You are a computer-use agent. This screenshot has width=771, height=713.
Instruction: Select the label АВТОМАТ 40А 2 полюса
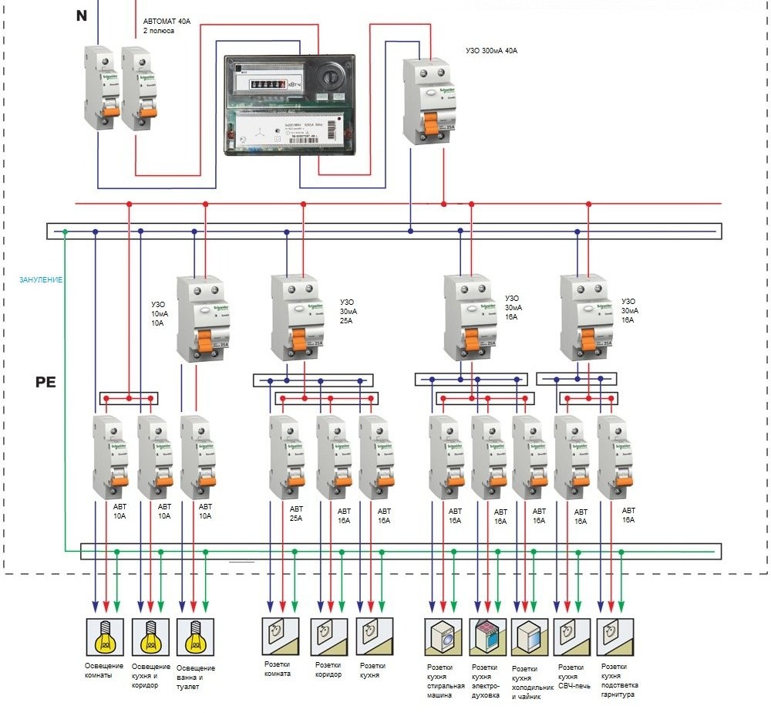167,27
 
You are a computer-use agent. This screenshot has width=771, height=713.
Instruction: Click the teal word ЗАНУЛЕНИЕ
41,279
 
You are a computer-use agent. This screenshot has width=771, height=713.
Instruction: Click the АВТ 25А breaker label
297,515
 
